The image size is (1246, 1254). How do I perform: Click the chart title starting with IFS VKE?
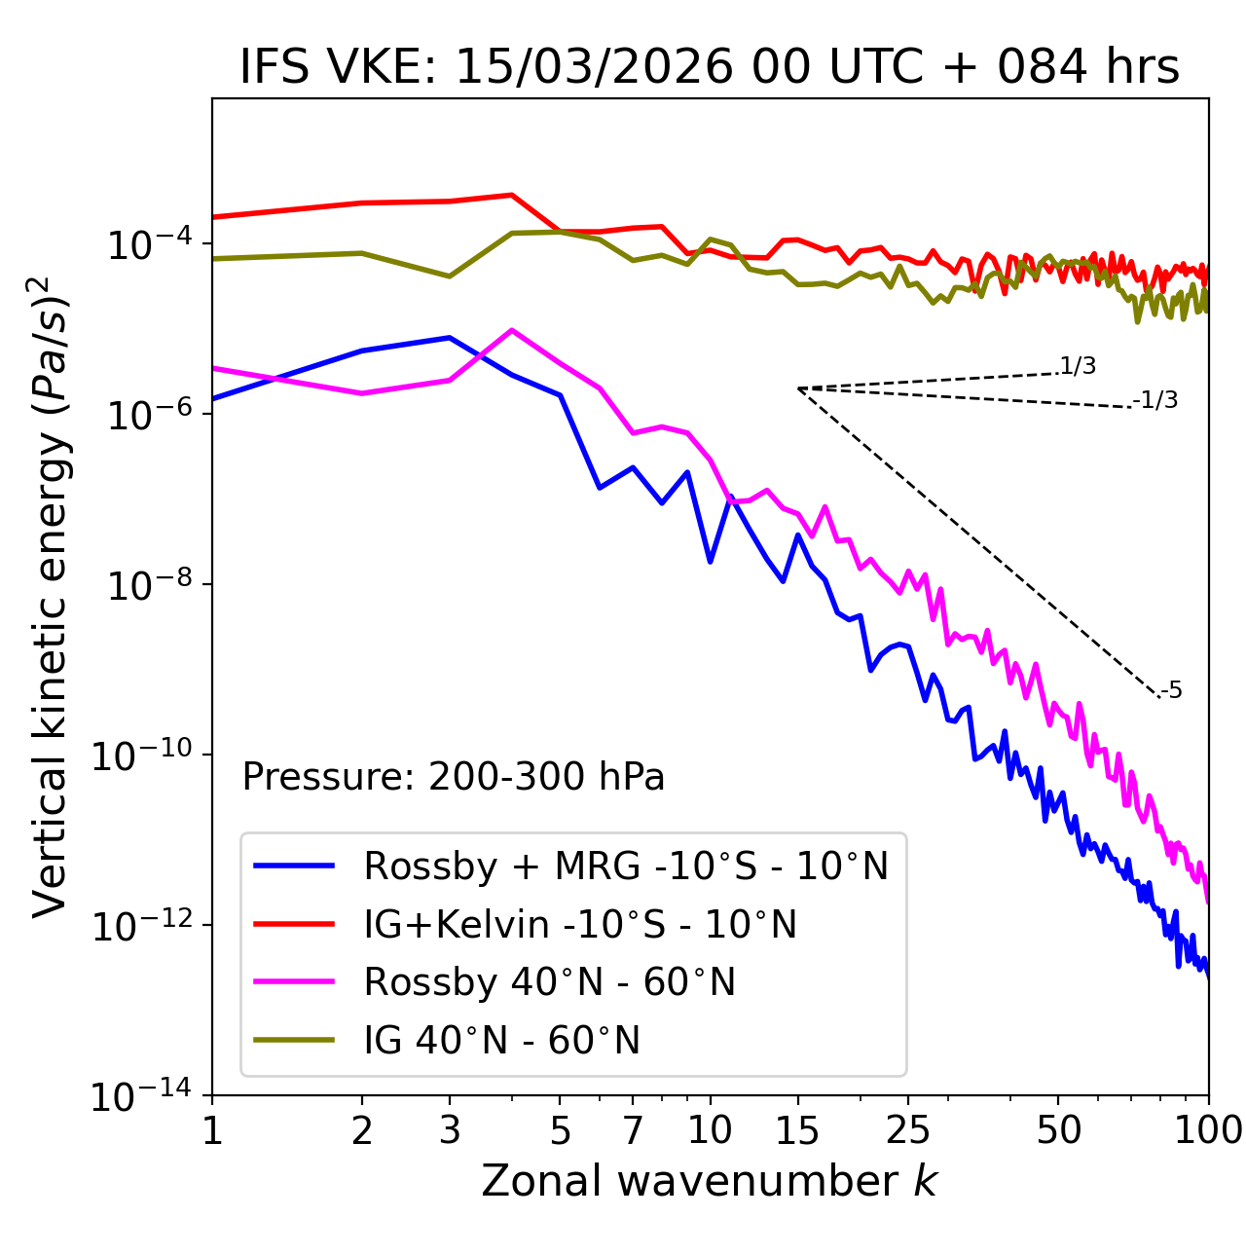click(710, 67)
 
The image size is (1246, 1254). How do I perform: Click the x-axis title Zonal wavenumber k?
click(710, 1181)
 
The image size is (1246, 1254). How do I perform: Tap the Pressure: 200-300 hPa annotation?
click(453, 777)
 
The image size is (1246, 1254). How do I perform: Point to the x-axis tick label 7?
click(633, 1129)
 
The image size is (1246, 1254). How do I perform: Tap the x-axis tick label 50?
click(1058, 1129)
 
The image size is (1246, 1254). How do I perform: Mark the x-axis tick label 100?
click(1207, 1129)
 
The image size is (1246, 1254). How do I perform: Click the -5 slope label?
click(1171, 691)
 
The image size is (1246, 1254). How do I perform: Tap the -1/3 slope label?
click(1155, 400)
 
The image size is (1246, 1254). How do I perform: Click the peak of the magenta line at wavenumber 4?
click(512, 330)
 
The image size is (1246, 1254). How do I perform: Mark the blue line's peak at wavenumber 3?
click(450, 338)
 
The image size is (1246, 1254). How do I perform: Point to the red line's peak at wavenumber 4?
click(512, 195)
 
